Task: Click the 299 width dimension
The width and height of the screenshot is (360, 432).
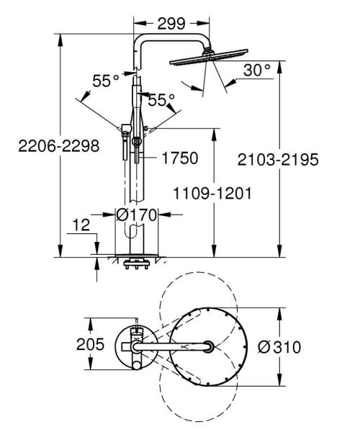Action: point(171,22)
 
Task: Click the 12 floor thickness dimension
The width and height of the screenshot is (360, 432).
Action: point(82,226)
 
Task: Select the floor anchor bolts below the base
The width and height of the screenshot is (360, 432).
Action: point(135,264)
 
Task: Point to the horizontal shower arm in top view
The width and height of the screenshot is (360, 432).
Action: point(173,347)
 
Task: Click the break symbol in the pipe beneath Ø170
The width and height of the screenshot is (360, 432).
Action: point(134,231)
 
